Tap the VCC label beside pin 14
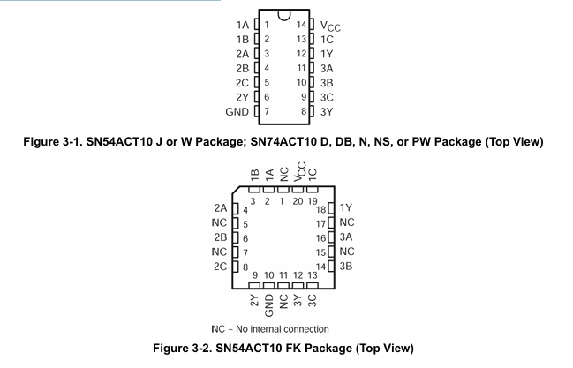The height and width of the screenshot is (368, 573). tap(328, 26)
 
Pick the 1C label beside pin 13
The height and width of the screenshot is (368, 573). tap(327, 40)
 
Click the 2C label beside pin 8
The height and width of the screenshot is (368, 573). tap(220, 265)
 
